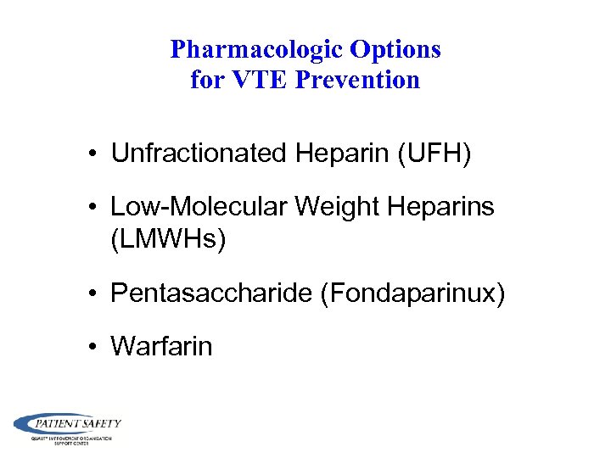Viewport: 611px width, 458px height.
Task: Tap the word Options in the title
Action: [396, 49]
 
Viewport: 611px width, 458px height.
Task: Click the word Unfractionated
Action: [199, 154]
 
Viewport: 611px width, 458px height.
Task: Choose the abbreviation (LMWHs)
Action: [169, 240]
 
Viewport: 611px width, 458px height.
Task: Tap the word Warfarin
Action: [161, 346]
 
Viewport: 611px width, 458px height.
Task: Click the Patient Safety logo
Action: [67, 427]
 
